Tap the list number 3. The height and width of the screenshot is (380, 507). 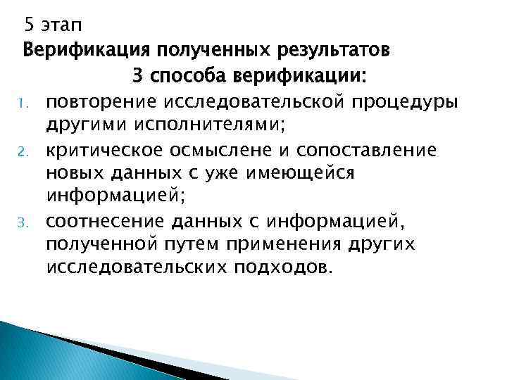(x=23, y=224)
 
